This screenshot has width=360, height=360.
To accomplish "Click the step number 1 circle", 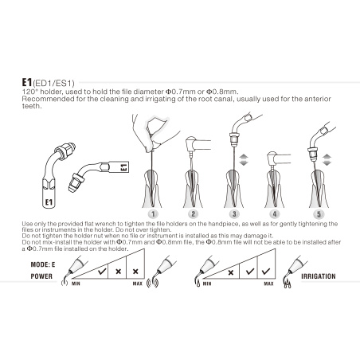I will [151, 214].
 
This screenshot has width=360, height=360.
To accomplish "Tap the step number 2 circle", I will [192, 214].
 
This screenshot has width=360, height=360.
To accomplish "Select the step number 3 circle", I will [233, 214].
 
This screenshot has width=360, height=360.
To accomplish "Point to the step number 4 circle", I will [275, 214].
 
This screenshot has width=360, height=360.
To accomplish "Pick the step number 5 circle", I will [318, 214].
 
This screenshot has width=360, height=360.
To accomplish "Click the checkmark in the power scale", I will [101, 272].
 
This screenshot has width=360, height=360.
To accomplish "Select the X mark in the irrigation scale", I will [233, 272].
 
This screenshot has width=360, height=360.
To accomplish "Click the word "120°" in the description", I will [29, 92].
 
